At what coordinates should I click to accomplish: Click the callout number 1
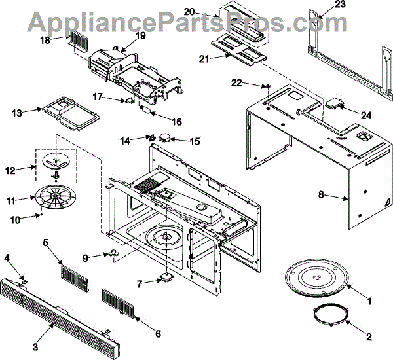point(369,302)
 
